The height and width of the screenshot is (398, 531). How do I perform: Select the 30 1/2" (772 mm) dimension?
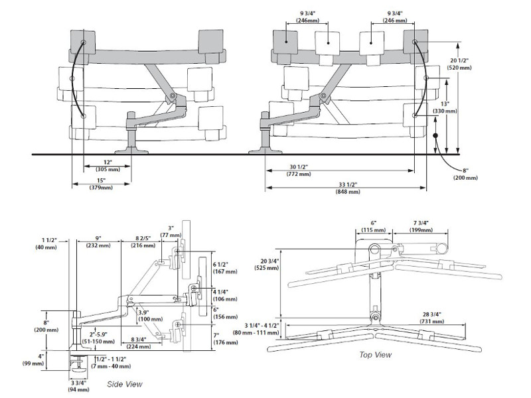[x=299, y=169]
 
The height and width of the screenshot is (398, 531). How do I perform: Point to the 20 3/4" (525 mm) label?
[x=269, y=263]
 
